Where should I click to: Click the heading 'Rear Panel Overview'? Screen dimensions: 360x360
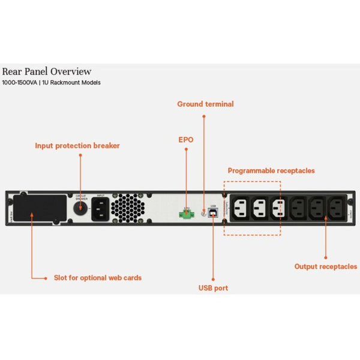pyautogui.click(x=47, y=71)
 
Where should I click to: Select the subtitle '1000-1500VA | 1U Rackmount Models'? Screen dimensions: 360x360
pyautogui.click(x=52, y=82)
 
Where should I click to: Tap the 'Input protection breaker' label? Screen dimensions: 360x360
pyautogui.click(x=77, y=145)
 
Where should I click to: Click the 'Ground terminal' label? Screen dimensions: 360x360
pyautogui.click(x=205, y=104)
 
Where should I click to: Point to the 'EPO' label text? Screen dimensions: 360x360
pyautogui.click(x=186, y=139)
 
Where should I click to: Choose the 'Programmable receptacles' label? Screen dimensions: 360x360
pyautogui.click(x=271, y=170)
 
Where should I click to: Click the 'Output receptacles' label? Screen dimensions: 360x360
pyautogui.click(x=325, y=266)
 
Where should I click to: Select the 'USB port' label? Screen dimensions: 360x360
pyautogui.click(x=213, y=288)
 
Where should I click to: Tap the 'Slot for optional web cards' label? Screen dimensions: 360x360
pyautogui.click(x=98, y=278)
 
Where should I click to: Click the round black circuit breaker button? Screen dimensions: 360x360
pyautogui.click(x=80, y=208)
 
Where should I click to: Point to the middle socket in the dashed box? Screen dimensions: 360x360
pyautogui.click(x=258, y=208)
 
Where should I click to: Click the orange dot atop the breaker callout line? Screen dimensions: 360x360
pyautogui.click(x=80, y=155)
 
